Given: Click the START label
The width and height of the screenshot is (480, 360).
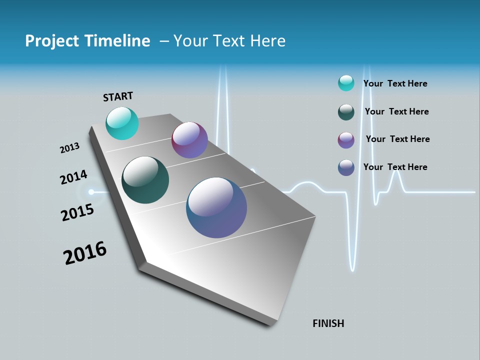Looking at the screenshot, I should [118, 96].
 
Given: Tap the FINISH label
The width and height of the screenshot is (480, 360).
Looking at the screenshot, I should [328, 323].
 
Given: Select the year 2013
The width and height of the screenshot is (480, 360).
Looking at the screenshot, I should [69, 148].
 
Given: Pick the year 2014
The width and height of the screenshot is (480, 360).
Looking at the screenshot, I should [73, 177].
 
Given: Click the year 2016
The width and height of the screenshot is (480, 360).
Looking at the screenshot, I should [85, 253].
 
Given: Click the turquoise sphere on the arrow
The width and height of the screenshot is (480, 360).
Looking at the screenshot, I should [122, 123].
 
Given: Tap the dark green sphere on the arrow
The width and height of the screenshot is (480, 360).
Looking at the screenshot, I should [145, 180].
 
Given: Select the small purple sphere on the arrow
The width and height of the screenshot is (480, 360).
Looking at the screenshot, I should [189, 140].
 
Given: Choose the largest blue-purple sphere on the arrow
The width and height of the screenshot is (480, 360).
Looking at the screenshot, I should [216, 207].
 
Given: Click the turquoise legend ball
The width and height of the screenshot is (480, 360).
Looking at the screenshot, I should [346, 83].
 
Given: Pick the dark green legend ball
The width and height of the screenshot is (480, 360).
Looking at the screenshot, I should [346, 112].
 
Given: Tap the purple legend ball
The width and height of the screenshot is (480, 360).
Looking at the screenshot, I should [346, 140].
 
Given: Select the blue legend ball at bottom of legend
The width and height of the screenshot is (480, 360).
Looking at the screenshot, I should [346, 167].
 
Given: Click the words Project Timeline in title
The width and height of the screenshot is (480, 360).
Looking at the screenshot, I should [87, 41].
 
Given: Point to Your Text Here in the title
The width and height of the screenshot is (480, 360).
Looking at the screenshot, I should [229, 41].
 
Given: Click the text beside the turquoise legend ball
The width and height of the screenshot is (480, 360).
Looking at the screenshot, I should [395, 83].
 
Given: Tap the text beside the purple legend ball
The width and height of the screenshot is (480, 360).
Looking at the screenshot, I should [397, 139].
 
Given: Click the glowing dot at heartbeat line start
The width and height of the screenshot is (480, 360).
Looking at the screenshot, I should [91, 191].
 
